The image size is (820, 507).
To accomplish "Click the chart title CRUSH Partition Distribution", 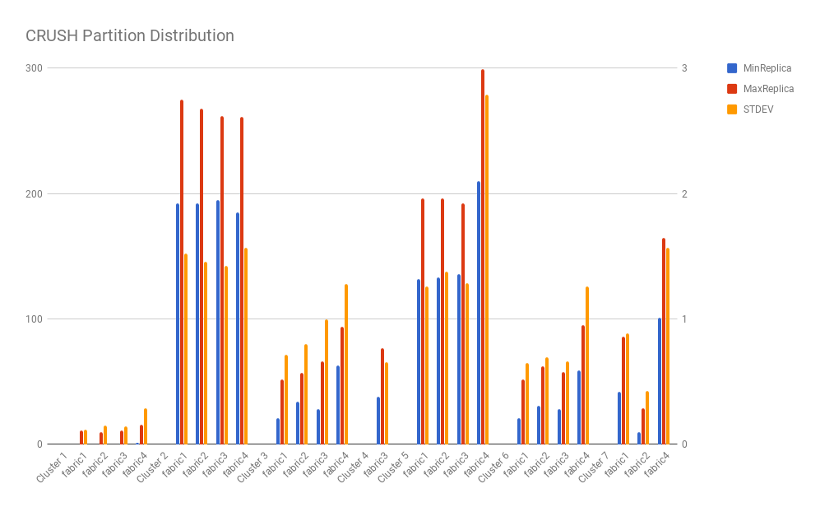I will tap(130, 36).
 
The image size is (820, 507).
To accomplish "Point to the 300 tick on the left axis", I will tap(33, 68).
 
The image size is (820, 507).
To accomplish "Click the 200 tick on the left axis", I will tap(33, 194).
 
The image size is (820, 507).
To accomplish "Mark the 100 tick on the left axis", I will tap(33, 319).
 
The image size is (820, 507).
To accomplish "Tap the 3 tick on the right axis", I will tap(683, 68).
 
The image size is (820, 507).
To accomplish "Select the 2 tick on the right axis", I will tap(683, 194).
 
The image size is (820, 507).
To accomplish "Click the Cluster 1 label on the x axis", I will tap(53, 466).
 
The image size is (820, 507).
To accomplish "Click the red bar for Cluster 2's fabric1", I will tap(182, 272).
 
